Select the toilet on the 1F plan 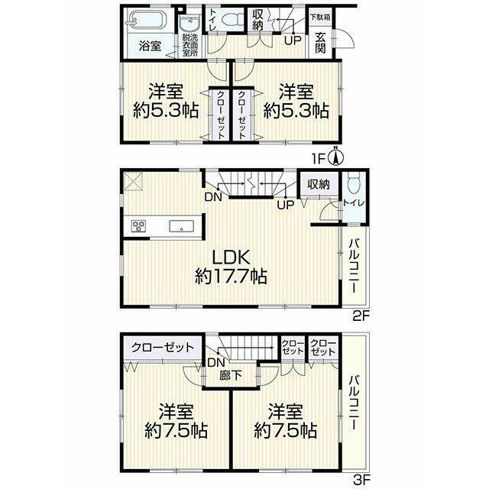(x=232, y=20)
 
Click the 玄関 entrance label (x=320, y=43)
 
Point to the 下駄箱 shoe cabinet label (x=320, y=18)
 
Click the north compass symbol (x=335, y=156)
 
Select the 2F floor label (x=361, y=316)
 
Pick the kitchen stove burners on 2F (x=138, y=225)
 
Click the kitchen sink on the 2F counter (x=182, y=226)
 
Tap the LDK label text (x=231, y=257)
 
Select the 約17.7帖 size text (x=231, y=277)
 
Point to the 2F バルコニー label (x=354, y=265)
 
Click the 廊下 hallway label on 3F (x=230, y=375)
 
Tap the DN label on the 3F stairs (x=215, y=362)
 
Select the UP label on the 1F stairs (x=293, y=40)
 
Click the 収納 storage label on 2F (x=319, y=184)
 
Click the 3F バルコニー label (x=354, y=403)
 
